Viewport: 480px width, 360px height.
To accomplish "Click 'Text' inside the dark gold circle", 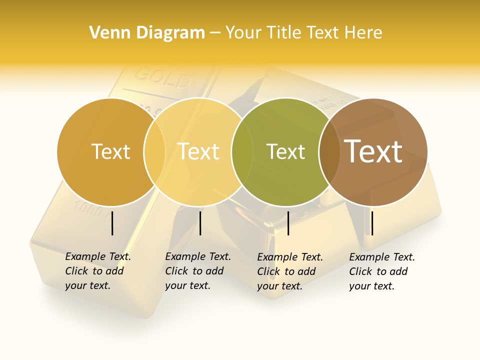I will [110, 152].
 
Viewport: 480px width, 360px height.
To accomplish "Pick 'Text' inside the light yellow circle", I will [198, 152].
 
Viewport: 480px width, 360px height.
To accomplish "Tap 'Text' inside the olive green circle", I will [285, 152].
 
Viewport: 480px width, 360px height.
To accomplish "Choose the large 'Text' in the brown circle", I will [373, 151].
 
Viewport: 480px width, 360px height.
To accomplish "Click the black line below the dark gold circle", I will [112, 223].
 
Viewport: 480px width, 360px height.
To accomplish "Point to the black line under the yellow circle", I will [200, 223].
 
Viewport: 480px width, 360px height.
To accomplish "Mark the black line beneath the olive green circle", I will [288, 223].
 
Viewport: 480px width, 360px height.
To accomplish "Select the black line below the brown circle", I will [372, 223].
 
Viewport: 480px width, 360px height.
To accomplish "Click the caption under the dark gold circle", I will [98, 271].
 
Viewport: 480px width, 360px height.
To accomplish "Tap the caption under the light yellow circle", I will [198, 271].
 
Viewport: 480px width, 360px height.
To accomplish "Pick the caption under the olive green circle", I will [290, 271].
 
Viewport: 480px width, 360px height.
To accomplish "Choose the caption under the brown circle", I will [382, 271].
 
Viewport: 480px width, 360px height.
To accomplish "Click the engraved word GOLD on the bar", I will [163, 78].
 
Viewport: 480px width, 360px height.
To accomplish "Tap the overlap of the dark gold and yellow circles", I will [154, 152].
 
